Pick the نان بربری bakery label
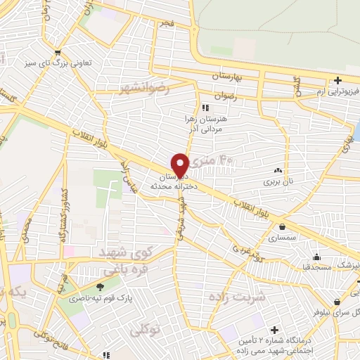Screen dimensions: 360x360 pyautogui.click(x=277, y=181)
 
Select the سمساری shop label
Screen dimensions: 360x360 pyautogui.click(x=282, y=239)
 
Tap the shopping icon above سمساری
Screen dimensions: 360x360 pyautogui.click(x=282, y=227)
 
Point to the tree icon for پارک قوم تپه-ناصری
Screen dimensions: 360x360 pyautogui.click(x=99, y=286)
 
